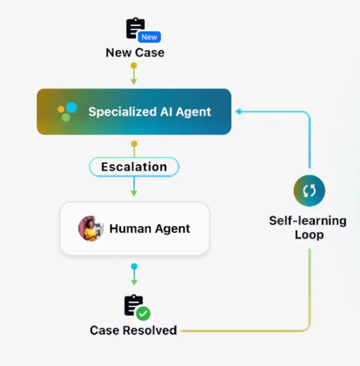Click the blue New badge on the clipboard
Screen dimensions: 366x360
pos(149,37)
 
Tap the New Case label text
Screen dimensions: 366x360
pos(135,53)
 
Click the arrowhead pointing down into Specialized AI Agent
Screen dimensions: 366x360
pos(134,82)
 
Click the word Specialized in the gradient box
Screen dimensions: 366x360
pos(120,112)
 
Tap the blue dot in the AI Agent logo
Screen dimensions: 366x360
pos(72,108)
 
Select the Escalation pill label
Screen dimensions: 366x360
pos(134,167)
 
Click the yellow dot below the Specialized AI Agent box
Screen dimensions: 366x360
pos(134,144)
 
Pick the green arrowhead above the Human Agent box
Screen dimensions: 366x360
pos(134,193)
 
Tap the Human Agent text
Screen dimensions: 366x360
pos(149,229)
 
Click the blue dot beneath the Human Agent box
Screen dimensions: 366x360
pos(134,266)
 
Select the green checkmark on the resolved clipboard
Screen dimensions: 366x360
pos(144,314)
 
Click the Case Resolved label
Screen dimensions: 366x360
pos(133,330)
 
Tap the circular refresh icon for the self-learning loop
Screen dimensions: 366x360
pos(309,190)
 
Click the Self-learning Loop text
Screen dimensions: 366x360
pos(308,228)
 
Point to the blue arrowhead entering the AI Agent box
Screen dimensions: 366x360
pos(238,111)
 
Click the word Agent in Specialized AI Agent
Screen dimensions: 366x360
pos(193,112)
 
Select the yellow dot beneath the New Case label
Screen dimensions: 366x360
pos(134,65)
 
